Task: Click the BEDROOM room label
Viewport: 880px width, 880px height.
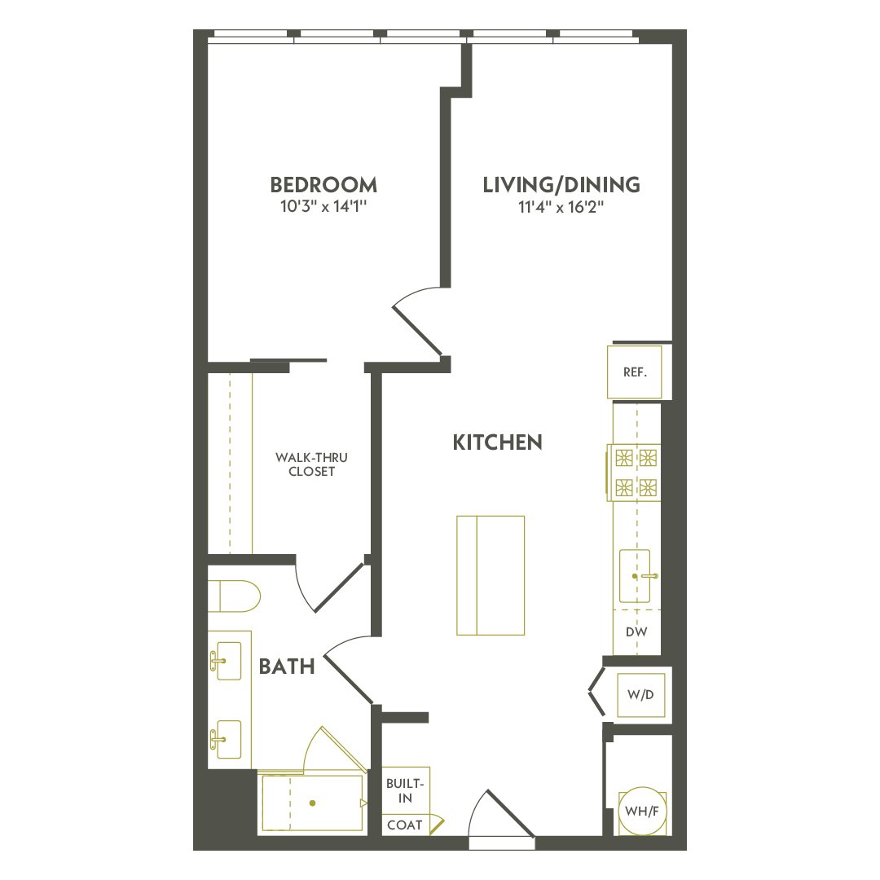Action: [x=323, y=184]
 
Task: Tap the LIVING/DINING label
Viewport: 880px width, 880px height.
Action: [x=561, y=185]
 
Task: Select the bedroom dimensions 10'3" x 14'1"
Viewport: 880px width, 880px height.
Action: [x=323, y=207]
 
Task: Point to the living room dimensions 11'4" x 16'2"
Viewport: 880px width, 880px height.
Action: [x=561, y=207]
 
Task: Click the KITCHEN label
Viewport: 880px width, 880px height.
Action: [x=497, y=442]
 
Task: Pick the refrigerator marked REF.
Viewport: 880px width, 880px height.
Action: [x=635, y=372]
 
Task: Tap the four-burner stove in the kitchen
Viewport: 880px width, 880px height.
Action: [x=636, y=472]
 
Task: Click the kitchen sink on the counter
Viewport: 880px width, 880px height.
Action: [x=635, y=575]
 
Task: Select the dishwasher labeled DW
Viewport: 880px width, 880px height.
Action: [x=636, y=632]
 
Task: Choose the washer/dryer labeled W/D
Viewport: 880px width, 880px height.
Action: [x=640, y=696]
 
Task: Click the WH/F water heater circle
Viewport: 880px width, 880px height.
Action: [x=640, y=812]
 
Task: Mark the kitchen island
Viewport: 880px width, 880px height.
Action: [x=490, y=575]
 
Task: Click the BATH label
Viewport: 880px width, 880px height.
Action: [x=287, y=667]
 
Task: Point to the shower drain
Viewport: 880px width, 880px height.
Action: [x=312, y=803]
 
